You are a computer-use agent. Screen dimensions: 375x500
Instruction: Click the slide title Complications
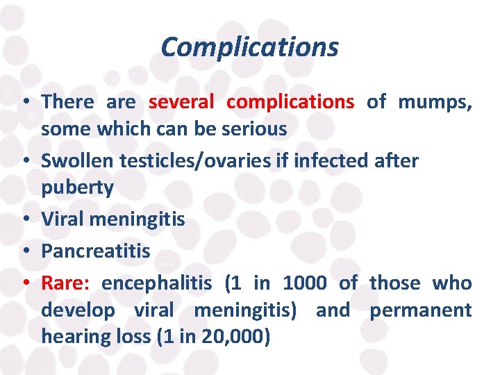click(249, 47)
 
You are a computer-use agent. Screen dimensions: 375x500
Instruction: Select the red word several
click(181, 102)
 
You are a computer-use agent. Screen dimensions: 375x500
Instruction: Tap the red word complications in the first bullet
click(290, 102)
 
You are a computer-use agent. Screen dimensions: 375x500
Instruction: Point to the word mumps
click(435, 102)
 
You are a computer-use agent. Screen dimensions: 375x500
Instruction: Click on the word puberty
click(77, 187)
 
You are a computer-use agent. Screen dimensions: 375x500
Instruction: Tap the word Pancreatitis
click(96, 251)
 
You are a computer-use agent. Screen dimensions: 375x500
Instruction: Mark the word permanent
click(420, 310)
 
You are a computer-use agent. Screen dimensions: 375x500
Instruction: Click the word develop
click(78, 310)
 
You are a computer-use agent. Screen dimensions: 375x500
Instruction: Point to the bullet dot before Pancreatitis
click(25, 251)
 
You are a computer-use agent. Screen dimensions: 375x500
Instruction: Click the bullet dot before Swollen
click(25, 160)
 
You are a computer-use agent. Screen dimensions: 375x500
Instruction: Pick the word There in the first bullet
click(67, 102)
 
